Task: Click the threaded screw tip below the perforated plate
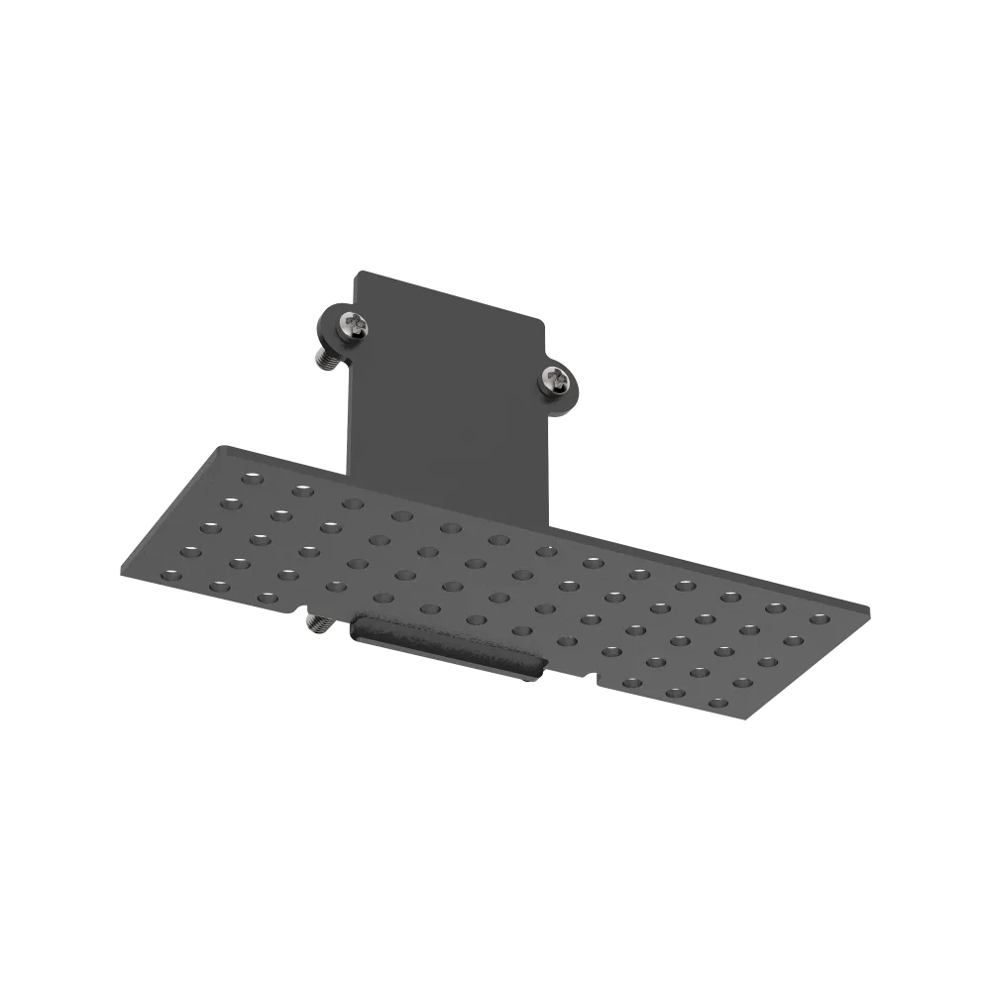coord(318,624)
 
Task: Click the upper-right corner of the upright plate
coord(543,319)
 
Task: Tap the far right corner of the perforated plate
coord(868,606)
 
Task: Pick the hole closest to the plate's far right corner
coord(819,619)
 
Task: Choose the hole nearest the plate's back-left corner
coord(252,478)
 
